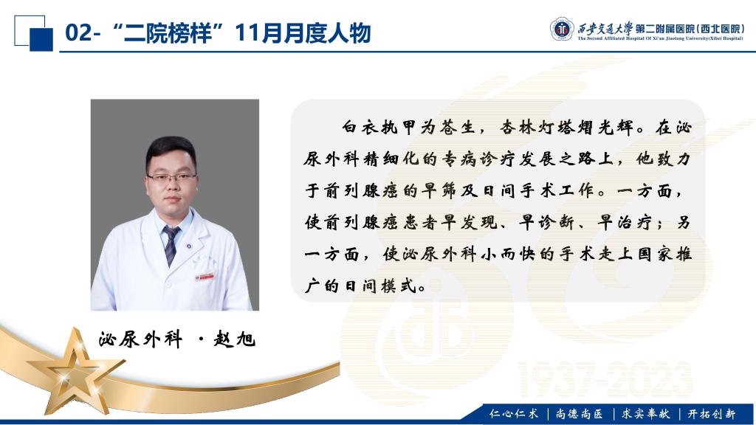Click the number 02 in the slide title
[x=78, y=33]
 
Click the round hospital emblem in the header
[x=562, y=30]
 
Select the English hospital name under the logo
[x=661, y=38]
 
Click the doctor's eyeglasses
[x=171, y=177]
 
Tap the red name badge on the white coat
[x=205, y=277]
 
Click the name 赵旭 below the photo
[x=234, y=339]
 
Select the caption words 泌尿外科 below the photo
[x=140, y=339]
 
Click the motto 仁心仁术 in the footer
[x=513, y=413]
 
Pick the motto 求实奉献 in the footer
[x=645, y=413]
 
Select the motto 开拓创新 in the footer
[x=712, y=413]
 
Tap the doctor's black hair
[x=171, y=149]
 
